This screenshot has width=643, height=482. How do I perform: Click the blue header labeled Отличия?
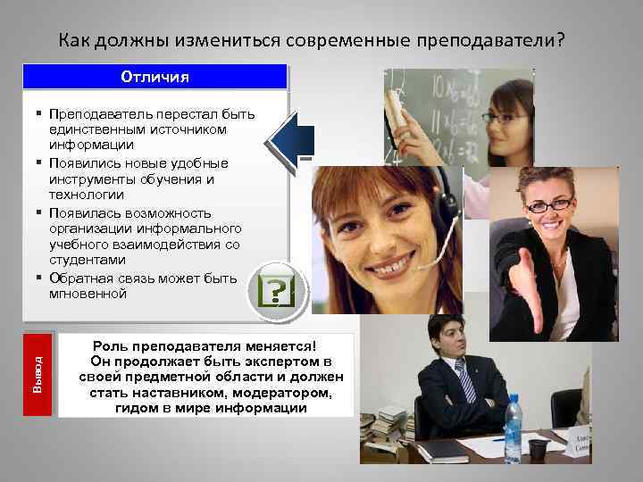pyautogui.click(x=155, y=77)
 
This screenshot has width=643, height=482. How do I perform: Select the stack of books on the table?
pyautogui.click(x=385, y=426)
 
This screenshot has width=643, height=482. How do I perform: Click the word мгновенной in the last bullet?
pyautogui.click(x=88, y=294)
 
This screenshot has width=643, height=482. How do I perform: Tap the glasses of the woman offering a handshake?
pyautogui.click(x=547, y=205)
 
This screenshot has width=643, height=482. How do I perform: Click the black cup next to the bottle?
pyautogui.click(x=538, y=447)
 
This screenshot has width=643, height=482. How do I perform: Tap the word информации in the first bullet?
pyautogui.click(x=92, y=145)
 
